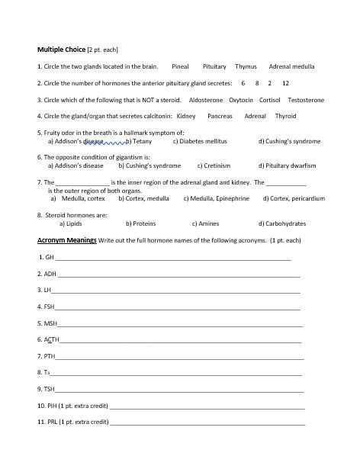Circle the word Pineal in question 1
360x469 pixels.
pyautogui.click(x=180, y=66)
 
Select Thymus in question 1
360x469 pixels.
pyautogui.click(x=246, y=66)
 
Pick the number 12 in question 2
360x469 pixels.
pyautogui.click(x=285, y=83)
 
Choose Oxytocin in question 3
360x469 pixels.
pyautogui.click(x=241, y=100)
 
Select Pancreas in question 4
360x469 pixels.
pyautogui.click(x=220, y=117)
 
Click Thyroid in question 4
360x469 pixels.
pyautogui.click(x=285, y=117)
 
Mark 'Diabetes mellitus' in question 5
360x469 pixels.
pyautogui.click(x=201, y=141)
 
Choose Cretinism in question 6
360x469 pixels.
pyautogui.click(x=217, y=165)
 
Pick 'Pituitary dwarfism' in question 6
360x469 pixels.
pyautogui.click(x=292, y=165)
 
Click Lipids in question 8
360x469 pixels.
pyautogui.click(x=73, y=223)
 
